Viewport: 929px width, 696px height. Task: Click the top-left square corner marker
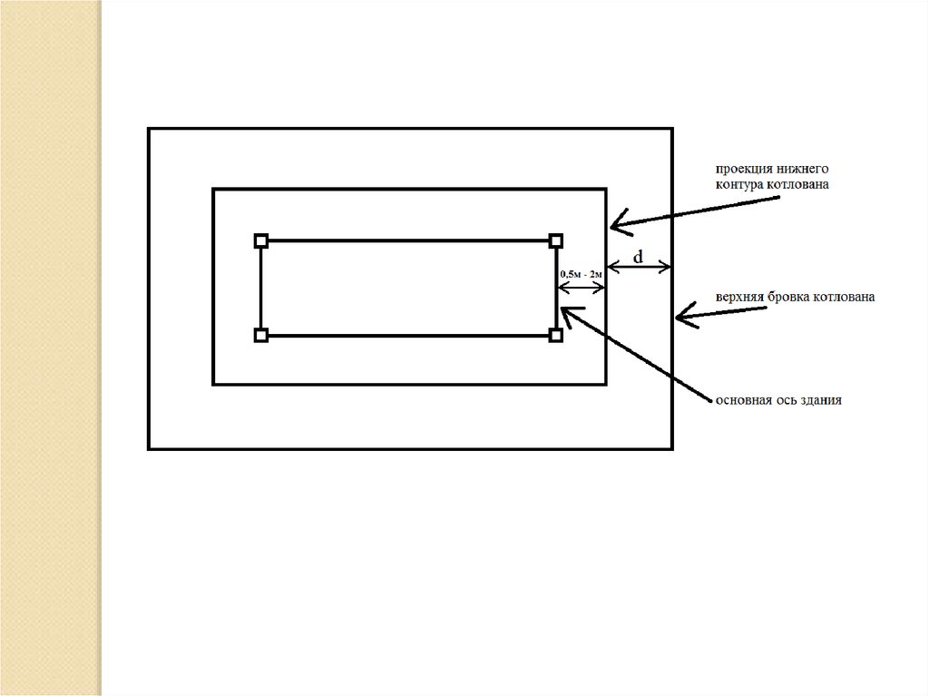[261, 240]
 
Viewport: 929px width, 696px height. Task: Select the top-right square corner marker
[556, 240]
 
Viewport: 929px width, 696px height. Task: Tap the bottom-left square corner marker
[261, 336]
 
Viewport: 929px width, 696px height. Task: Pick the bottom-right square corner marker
[556, 336]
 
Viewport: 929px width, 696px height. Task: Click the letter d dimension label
[639, 257]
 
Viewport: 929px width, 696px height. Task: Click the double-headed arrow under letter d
[639, 268]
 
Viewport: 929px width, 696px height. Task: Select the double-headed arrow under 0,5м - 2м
[581, 289]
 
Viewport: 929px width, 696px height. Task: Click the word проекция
[742, 170]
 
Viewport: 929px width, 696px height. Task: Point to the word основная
[742, 399]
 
